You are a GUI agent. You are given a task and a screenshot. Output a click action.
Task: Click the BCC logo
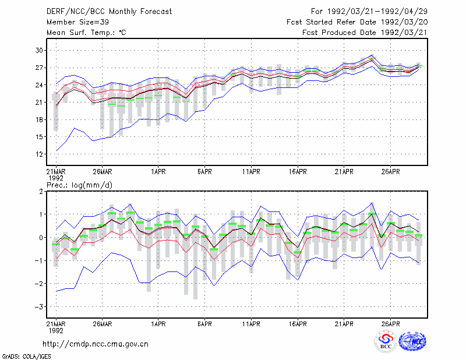(x=386, y=341)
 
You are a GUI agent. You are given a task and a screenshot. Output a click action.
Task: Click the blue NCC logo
(x=413, y=341)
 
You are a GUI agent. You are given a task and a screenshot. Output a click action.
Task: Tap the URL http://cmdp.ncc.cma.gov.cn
(x=96, y=344)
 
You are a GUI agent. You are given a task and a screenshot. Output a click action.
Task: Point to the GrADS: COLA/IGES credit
(x=26, y=357)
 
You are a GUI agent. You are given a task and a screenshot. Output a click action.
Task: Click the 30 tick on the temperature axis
(x=39, y=51)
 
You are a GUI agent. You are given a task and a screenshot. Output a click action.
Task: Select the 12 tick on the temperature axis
(x=39, y=154)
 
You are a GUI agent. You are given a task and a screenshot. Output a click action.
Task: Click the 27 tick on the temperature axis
(x=39, y=68)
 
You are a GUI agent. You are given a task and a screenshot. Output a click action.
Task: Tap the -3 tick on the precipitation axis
(x=38, y=306)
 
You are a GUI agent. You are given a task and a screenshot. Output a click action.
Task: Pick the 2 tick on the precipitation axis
(x=41, y=191)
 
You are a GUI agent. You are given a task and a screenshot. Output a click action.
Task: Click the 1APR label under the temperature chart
(x=158, y=172)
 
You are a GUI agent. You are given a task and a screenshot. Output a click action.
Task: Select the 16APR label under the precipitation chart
(x=298, y=324)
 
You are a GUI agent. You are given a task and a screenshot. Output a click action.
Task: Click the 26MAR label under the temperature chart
(x=103, y=172)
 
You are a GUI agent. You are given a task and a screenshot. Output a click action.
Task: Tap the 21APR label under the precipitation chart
(x=344, y=324)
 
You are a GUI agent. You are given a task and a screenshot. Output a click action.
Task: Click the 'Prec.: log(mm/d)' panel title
(x=80, y=185)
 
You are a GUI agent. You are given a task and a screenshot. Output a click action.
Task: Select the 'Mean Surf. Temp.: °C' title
(x=86, y=33)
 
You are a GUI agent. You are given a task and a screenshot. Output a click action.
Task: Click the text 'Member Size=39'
(x=78, y=22)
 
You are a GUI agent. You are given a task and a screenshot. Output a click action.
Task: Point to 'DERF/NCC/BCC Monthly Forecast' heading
(x=110, y=12)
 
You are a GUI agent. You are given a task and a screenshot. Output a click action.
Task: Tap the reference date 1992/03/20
(x=404, y=22)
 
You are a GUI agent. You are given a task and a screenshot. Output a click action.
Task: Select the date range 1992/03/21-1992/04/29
(x=377, y=12)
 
